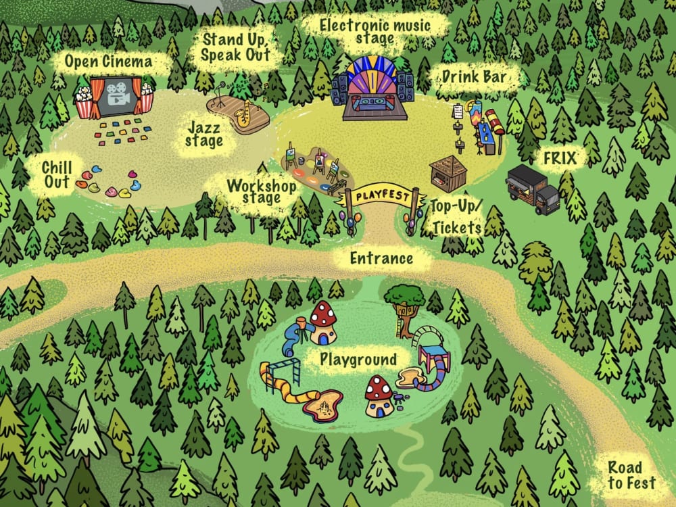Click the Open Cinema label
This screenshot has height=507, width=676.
tap(108, 63)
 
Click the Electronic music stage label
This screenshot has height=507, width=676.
tap(375, 32)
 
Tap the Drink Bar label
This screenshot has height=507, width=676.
tap(474, 78)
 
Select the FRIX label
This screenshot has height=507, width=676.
tap(560, 158)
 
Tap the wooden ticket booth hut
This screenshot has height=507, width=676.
tap(448, 173)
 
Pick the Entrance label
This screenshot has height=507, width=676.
tap(382, 258)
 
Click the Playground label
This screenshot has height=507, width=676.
tap(358, 359)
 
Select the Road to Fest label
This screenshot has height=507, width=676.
tap(631, 475)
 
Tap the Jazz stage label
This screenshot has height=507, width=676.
tap(203, 133)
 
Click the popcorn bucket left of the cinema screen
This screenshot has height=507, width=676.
tap(84, 103)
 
